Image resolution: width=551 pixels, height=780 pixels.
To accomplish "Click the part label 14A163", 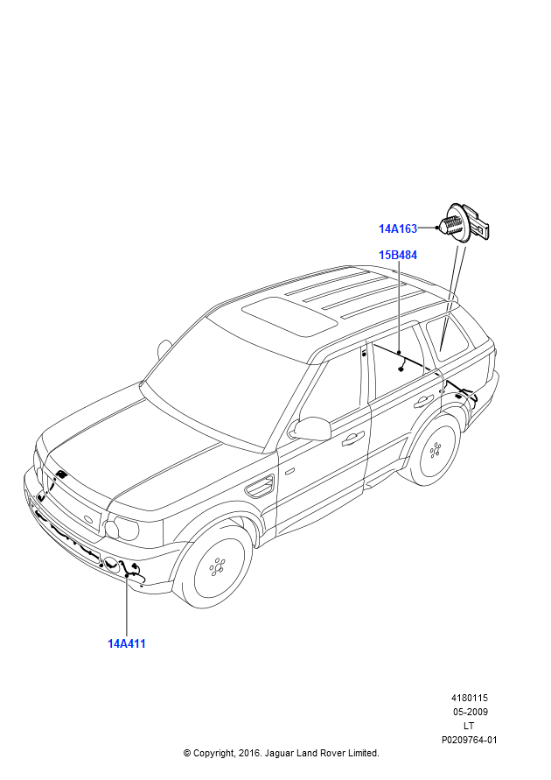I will coord(397,228).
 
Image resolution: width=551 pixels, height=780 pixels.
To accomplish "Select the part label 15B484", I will coord(397,256).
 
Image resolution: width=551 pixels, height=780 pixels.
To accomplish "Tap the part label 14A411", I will coord(126,643).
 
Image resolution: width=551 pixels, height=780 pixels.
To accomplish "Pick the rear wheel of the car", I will coord(435,450).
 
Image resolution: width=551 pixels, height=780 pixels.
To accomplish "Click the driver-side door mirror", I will coord(311,428).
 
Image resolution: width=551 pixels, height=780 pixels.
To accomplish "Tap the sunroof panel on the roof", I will coord(289,315).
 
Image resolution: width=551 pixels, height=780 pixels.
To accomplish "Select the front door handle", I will coord(353,437).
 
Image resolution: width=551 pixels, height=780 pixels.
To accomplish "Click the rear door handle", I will coord(424,401).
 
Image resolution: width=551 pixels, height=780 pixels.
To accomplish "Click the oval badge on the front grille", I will coord(87,522).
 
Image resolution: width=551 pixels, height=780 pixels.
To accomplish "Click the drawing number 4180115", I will coord(469,698).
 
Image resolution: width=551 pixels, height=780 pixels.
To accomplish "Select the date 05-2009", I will coord(469,712).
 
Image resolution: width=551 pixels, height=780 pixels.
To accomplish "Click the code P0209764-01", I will coord(469,740).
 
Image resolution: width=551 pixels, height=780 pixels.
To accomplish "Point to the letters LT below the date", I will coord(469,726).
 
